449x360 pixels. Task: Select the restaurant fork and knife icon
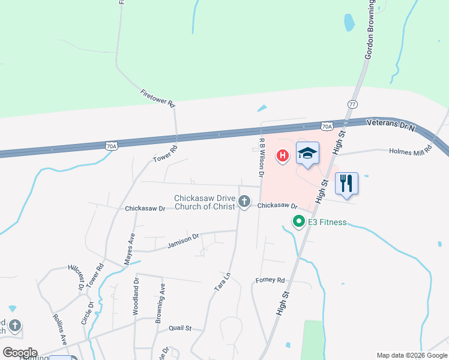pyautogui.click(x=346, y=184)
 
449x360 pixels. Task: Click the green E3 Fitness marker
pyautogui.click(x=298, y=222)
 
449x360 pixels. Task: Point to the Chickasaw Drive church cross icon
pyautogui.click(x=244, y=202)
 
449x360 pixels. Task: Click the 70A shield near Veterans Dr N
pyautogui.click(x=327, y=127)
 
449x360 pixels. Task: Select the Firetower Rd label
pyautogui.click(x=157, y=99)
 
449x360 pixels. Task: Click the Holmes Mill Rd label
pyautogui.click(x=411, y=150)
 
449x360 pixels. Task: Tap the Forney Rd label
pyautogui.click(x=270, y=280)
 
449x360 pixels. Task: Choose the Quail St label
pyautogui.click(x=179, y=328)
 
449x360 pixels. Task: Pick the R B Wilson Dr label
pyautogui.click(x=261, y=157)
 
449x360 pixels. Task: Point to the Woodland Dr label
pyautogui.click(x=136, y=296)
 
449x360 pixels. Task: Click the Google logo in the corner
pyautogui.click(x=20, y=352)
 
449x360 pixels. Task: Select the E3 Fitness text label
pyautogui.click(x=327, y=223)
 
